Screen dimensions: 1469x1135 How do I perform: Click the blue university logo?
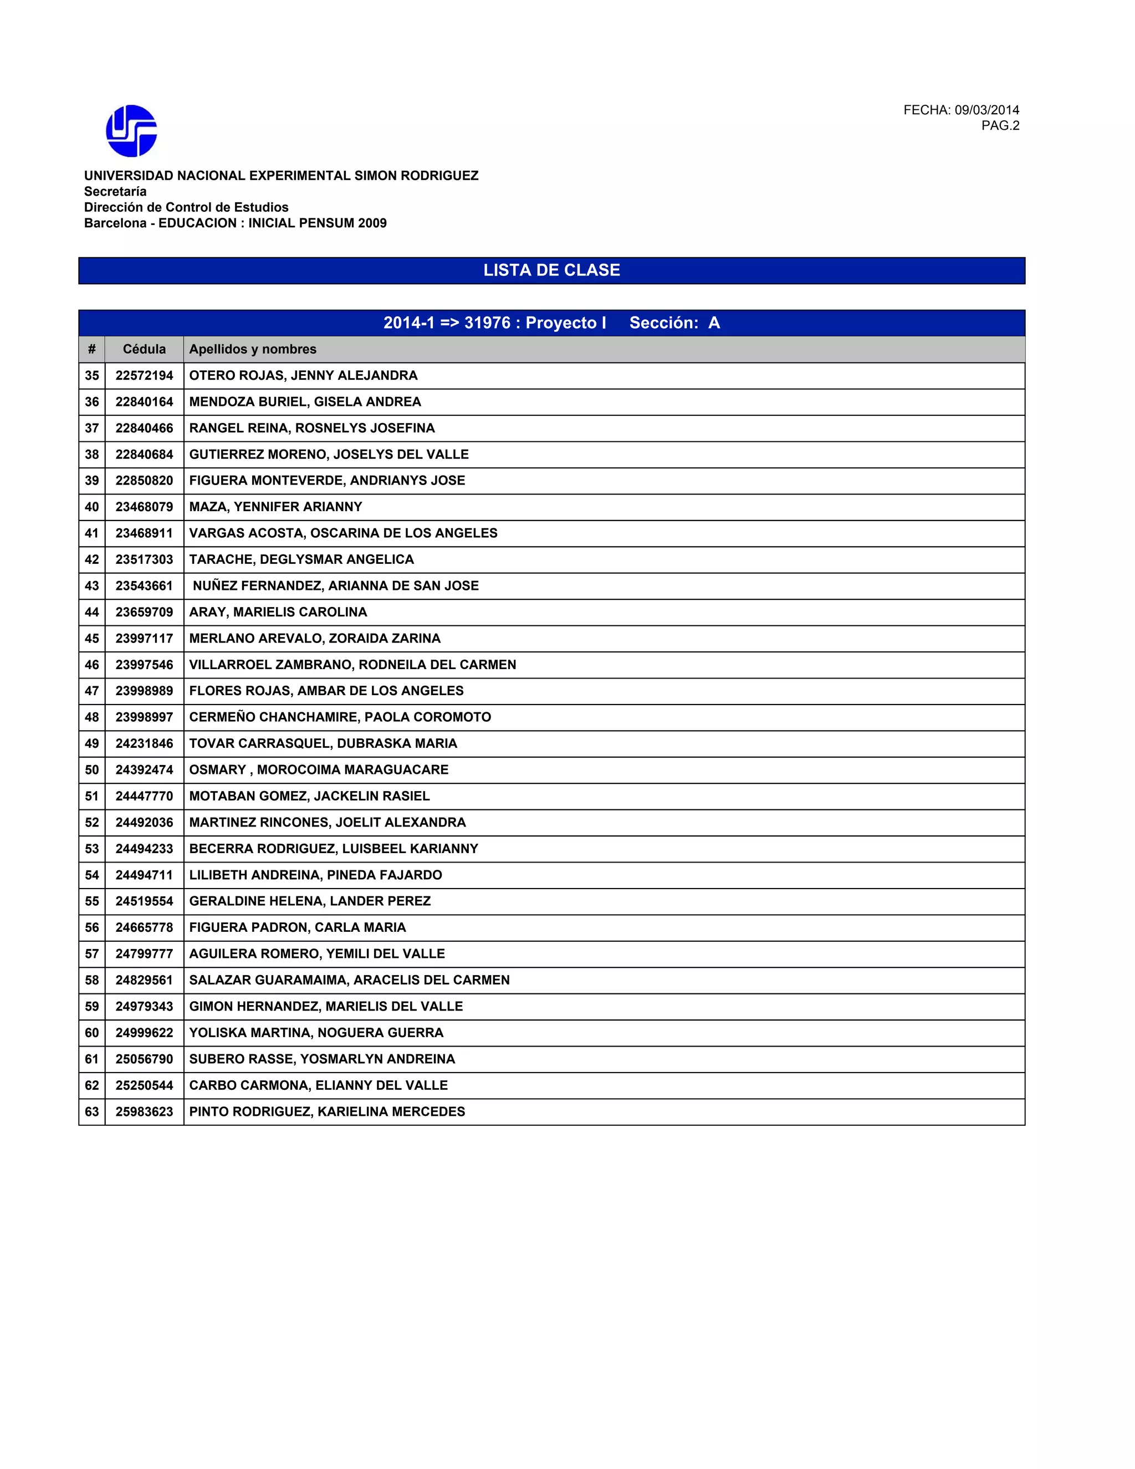click(132, 131)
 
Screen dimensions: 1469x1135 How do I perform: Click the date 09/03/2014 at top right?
click(986, 110)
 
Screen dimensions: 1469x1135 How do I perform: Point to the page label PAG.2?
click(1000, 126)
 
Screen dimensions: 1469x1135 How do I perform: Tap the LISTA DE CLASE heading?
click(551, 271)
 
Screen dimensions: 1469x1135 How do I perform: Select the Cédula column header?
click(144, 349)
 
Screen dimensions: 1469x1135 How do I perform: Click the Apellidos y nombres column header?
click(253, 349)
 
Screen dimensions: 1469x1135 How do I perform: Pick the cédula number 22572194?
click(144, 375)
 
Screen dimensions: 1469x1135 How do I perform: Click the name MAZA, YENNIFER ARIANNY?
click(275, 507)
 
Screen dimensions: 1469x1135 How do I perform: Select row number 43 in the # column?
click(91, 586)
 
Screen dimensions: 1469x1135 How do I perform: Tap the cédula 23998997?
click(144, 717)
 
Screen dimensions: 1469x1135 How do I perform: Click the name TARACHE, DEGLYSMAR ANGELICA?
click(301, 560)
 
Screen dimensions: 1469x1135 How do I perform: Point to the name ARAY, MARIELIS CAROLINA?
click(278, 612)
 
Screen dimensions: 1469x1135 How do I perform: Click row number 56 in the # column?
click(91, 927)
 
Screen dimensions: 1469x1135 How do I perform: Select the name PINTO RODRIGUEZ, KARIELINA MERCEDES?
click(327, 1112)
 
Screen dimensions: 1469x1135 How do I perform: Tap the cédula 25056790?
click(144, 1059)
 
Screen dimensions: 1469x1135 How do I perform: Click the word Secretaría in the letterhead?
click(115, 192)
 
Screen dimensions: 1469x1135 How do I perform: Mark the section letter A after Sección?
click(714, 323)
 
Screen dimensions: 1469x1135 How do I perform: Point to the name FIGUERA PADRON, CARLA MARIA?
click(297, 927)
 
